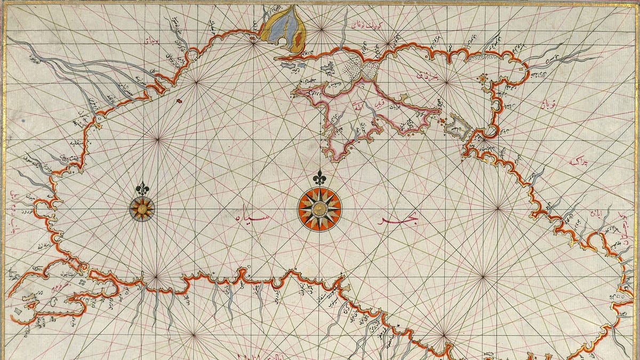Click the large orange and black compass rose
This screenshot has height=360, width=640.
pyautogui.click(x=319, y=210)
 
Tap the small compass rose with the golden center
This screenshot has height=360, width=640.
pyautogui.click(x=142, y=209)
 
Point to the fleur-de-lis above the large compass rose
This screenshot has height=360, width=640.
pyautogui.click(x=319, y=178)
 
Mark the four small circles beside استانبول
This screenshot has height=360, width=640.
pyautogui.click(x=84, y=278)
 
